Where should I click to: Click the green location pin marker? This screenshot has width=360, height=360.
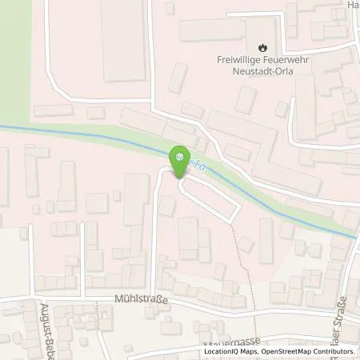click(x=182, y=157)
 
